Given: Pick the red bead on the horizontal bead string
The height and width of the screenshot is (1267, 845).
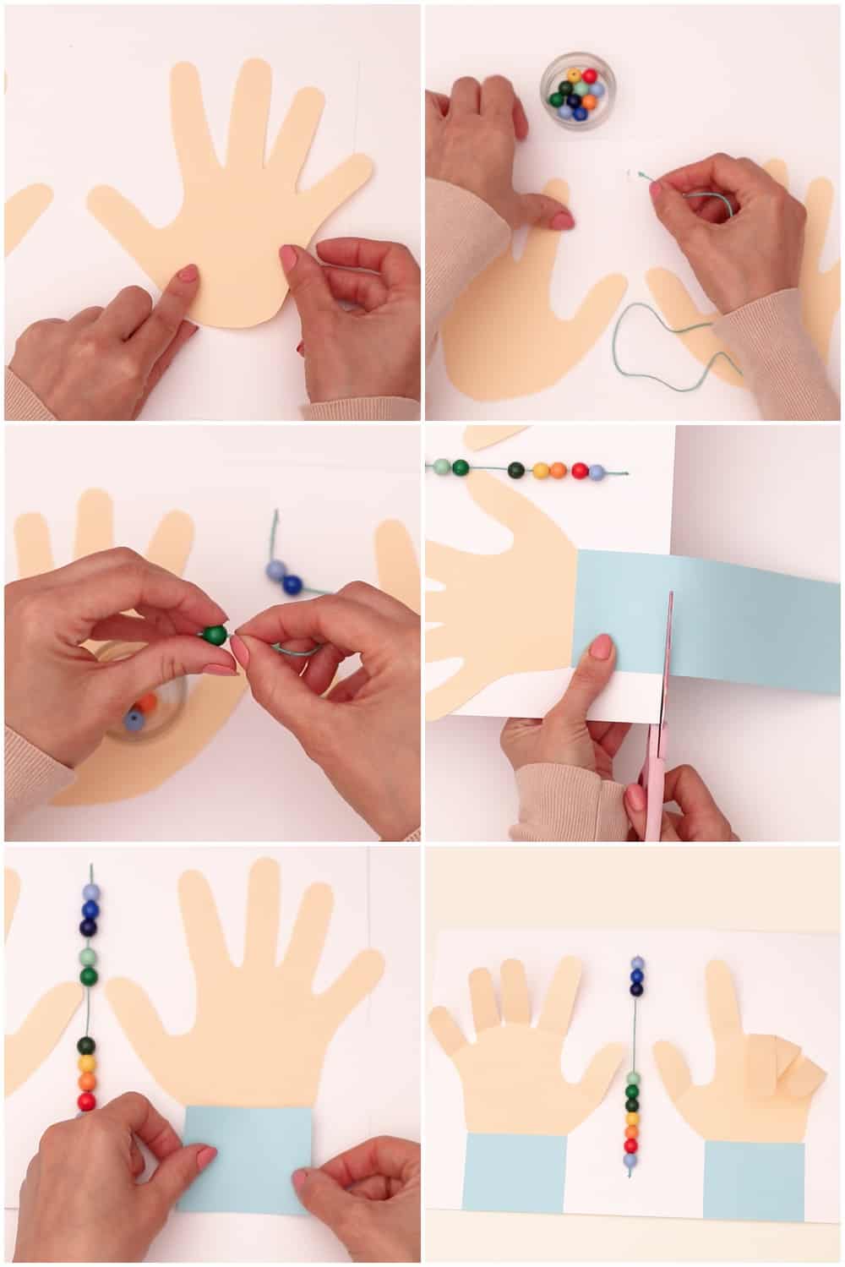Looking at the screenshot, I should click(x=580, y=470).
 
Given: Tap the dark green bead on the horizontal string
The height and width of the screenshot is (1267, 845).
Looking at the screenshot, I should click(x=461, y=467).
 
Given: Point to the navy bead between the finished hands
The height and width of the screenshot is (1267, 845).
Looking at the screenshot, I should click(x=635, y=989).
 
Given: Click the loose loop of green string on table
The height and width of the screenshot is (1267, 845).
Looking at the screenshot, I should click(x=668, y=347).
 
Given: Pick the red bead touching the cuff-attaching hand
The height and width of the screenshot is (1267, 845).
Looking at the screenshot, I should click(x=86, y=1101).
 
